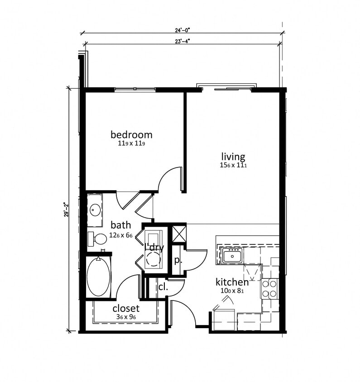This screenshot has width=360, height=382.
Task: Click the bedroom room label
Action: coord(131,134)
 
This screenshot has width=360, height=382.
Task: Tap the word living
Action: coord(233,157)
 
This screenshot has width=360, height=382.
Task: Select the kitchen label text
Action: coord(232,282)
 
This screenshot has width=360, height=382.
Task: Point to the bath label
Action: coord(121,225)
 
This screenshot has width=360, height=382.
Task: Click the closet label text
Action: coord(126,309)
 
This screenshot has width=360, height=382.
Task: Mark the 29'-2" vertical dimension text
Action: coord(67,210)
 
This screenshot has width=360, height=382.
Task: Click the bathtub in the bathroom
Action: coord(98,276)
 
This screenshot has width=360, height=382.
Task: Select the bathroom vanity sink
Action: coord(95,209)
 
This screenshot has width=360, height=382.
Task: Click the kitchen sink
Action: coord(232,255)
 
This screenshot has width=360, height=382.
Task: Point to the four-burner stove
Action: coord(269,288)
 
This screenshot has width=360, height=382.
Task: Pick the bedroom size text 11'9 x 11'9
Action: coord(131,143)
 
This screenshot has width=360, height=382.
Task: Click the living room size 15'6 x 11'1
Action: coord(233,166)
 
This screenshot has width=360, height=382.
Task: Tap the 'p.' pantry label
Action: coord(178,261)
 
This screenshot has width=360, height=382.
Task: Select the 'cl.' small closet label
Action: coord(163,286)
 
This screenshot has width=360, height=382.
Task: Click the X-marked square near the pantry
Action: coord(178,234)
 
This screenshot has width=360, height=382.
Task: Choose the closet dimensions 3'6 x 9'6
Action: coord(126,317)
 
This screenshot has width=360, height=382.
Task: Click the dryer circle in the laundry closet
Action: coord(154,258)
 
